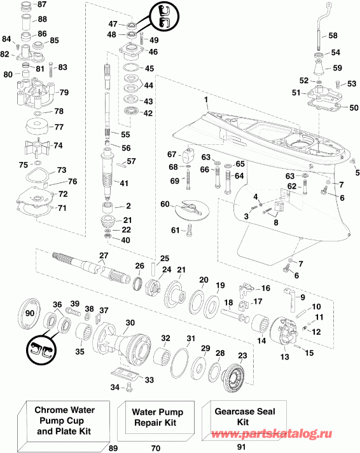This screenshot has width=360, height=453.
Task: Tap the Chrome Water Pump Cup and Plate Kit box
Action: [63, 421]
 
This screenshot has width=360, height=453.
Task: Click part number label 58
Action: [333, 36]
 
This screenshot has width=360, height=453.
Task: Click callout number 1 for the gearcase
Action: [206, 100]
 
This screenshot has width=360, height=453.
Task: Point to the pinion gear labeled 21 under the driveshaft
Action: [110, 222]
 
